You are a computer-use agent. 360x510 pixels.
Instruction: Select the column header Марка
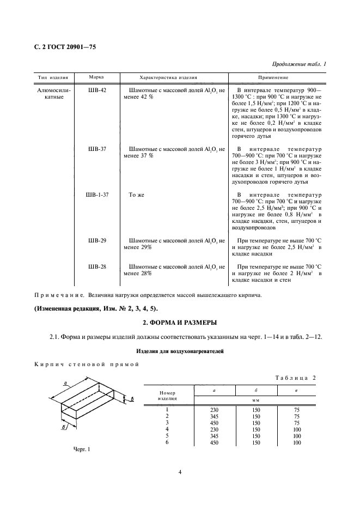pos(96,77)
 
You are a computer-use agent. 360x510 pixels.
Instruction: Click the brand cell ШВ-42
pos(97,89)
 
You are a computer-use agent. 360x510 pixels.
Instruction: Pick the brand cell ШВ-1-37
pos(97,195)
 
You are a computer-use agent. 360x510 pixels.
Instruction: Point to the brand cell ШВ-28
pos(97,266)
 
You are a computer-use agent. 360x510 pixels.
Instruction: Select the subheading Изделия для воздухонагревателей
pos(180,351)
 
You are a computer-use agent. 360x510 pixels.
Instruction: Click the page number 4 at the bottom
pos(180,472)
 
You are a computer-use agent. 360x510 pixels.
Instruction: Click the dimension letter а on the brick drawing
pos(65,384)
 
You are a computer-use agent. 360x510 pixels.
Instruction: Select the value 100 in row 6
pos(297,443)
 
